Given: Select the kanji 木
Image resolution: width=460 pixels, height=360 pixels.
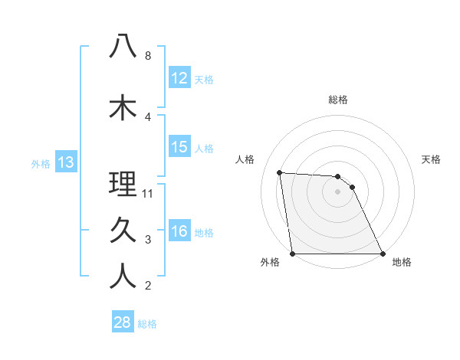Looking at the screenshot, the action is click(x=123, y=108).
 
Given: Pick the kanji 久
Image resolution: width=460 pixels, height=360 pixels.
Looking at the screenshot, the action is click(x=123, y=231).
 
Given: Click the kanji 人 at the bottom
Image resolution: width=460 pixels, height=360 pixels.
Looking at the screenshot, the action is click(x=123, y=277).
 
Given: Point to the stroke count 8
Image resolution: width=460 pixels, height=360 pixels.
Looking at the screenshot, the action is click(x=148, y=56).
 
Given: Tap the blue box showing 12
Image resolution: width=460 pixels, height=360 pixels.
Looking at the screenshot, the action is click(x=179, y=78).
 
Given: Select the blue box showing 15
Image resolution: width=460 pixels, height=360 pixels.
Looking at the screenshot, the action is click(x=179, y=147).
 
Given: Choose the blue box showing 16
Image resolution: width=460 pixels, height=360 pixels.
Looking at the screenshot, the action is click(x=179, y=231).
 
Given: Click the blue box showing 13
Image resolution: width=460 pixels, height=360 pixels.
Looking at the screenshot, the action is click(x=65, y=162).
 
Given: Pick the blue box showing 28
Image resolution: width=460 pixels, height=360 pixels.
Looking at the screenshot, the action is click(x=123, y=322).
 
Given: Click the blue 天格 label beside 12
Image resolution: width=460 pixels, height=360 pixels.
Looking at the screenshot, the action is click(x=204, y=79).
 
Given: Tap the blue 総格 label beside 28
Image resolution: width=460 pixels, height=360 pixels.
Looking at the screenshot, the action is click(x=147, y=323).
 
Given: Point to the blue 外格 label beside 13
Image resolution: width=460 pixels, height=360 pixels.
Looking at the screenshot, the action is click(x=41, y=162).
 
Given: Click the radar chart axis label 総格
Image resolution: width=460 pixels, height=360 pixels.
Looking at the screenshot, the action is click(x=337, y=100).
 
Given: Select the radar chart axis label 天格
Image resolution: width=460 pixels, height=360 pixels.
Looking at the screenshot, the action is click(x=431, y=159).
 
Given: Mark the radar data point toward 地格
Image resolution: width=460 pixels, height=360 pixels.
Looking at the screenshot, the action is click(x=382, y=253).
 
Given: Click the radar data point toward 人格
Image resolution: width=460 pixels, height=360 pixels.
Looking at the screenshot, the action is click(x=280, y=172).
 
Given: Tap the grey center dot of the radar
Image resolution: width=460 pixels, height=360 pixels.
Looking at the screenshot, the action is click(x=337, y=191).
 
